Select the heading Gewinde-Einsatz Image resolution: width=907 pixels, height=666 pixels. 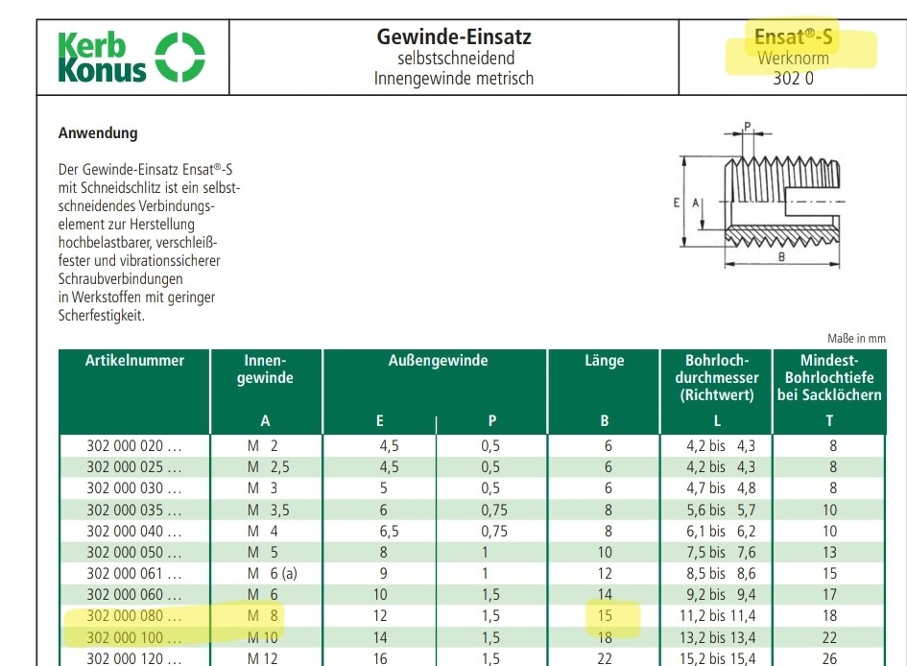click(x=454, y=37)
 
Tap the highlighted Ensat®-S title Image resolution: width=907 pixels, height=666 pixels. click(x=793, y=37)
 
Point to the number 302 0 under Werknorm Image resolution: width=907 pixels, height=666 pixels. click(x=793, y=79)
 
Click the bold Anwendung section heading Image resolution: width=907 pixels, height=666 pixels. click(x=98, y=133)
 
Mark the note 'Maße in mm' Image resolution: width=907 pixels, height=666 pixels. click(x=856, y=338)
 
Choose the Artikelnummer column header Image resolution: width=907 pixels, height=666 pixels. click(x=134, y=361)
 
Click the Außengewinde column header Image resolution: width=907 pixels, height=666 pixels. click(x=438, y=361)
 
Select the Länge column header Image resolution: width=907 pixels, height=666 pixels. click(x=604, y=361)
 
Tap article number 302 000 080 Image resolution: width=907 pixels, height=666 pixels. click(x=133, y=615)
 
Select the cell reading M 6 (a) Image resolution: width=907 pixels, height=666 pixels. click(x=270, y=573)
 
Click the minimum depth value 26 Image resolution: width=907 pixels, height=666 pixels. click(x=829, y=658)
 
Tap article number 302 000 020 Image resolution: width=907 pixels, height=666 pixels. click(x=133, y=445)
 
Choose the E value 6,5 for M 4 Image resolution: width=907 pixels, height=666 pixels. click(x=380, y=531)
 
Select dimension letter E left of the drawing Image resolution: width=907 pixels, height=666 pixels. click(x=678, y=202)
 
